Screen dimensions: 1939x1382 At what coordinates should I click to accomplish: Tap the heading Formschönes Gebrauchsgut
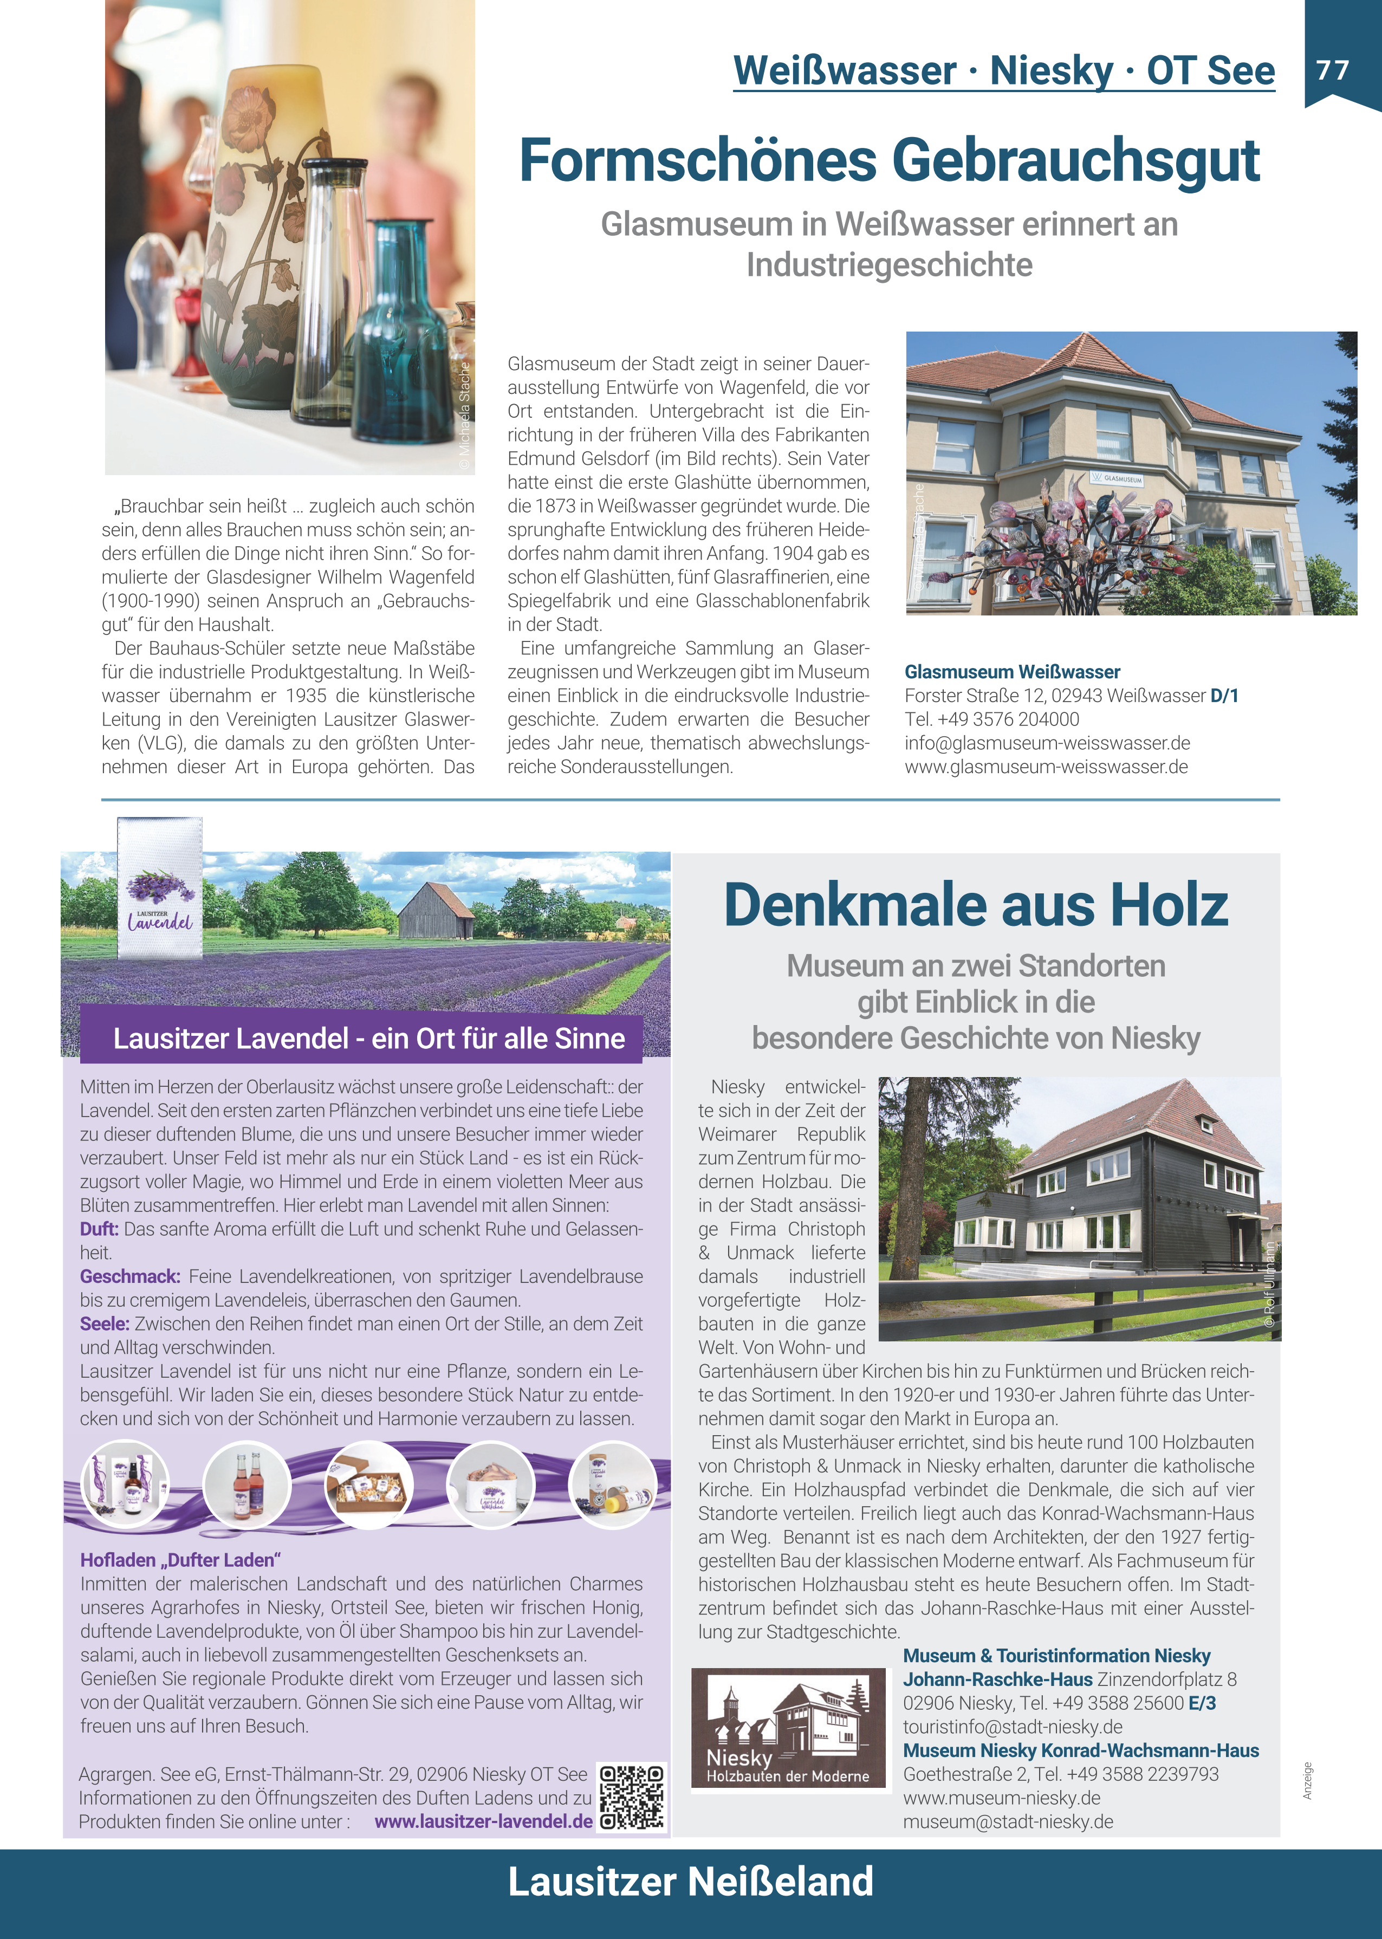(x=888, y=161)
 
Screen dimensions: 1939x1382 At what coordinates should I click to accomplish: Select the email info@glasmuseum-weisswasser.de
(x=1047, y=743)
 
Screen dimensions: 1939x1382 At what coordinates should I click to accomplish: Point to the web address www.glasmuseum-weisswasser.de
(x=1046, y=767)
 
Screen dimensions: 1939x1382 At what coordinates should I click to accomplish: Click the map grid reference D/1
(x=1224, y=696)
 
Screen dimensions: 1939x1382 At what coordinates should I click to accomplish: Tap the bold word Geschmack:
(x=130, y=1276)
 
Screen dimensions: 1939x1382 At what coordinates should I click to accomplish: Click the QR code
(x=632, y=1798)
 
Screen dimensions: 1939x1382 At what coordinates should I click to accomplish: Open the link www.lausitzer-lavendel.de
(x=483, y=1821)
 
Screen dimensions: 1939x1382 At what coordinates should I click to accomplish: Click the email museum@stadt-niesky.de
(x=1008, y=1821)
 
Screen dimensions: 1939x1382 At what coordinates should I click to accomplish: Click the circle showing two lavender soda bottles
(x=248, y=1484)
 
